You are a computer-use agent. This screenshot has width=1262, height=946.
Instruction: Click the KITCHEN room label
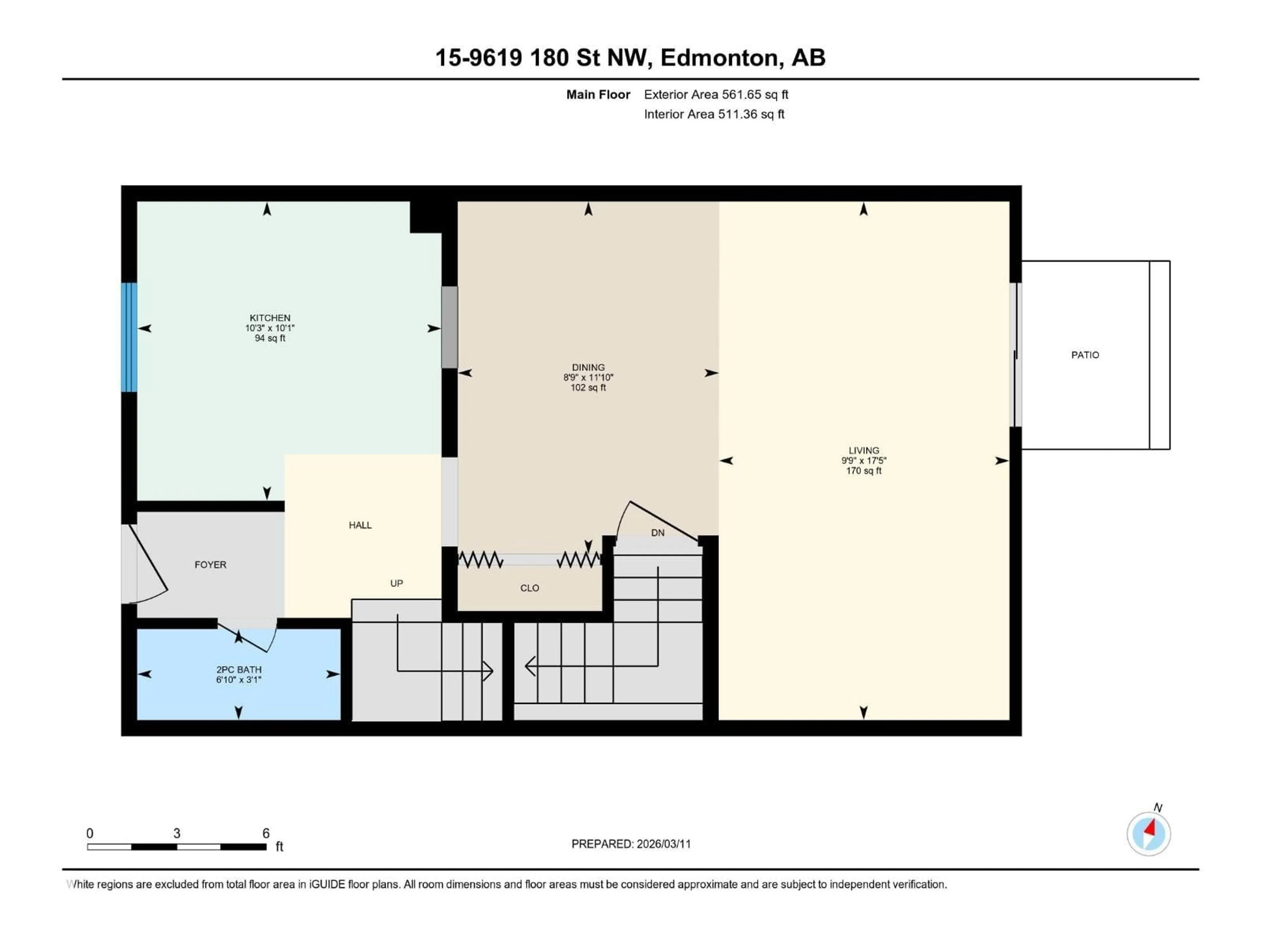[270, 318]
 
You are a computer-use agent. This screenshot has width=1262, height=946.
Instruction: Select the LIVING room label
[863, 450]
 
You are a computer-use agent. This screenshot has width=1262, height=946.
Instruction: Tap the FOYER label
[211, 565]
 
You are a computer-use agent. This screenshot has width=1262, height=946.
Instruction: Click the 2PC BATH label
[239, 669]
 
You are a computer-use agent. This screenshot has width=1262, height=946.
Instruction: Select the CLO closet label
[529, 588]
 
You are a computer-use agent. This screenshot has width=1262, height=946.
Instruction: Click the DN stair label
[657, 532]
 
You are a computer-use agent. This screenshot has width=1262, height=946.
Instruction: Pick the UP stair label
[397, 583]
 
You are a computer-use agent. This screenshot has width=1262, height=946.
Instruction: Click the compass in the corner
[1149, 834]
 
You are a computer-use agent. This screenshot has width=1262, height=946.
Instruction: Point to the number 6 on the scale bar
[266, 833]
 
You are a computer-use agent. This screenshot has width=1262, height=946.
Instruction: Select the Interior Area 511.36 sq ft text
[714, 114]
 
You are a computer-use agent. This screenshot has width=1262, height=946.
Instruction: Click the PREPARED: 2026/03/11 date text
[631, 844]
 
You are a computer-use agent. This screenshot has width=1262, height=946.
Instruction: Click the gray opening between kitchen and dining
[450, 327]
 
